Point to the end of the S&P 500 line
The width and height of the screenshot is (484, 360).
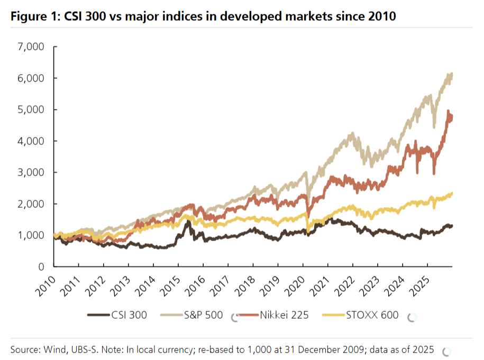click(x=452, y=74)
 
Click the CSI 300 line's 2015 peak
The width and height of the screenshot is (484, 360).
click(x=187, y=221)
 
